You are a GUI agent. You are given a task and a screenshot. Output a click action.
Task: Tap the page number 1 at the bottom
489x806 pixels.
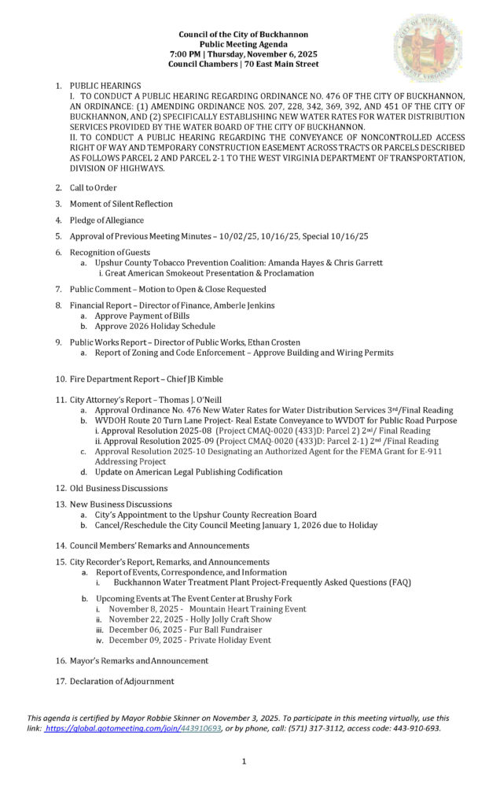[x=244, y=761]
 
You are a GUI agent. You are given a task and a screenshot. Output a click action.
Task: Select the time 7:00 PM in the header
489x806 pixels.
[x=186, y=54]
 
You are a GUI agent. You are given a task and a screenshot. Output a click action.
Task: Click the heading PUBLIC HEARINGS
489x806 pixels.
[x=105, y=85]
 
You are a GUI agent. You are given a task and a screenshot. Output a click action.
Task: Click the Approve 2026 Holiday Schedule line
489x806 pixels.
[x=155, y=326]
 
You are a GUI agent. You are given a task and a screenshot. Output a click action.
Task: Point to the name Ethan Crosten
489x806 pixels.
[x=273, y=342]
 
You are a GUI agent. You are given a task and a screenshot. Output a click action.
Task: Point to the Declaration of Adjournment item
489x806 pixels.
[x=122, y=681]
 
